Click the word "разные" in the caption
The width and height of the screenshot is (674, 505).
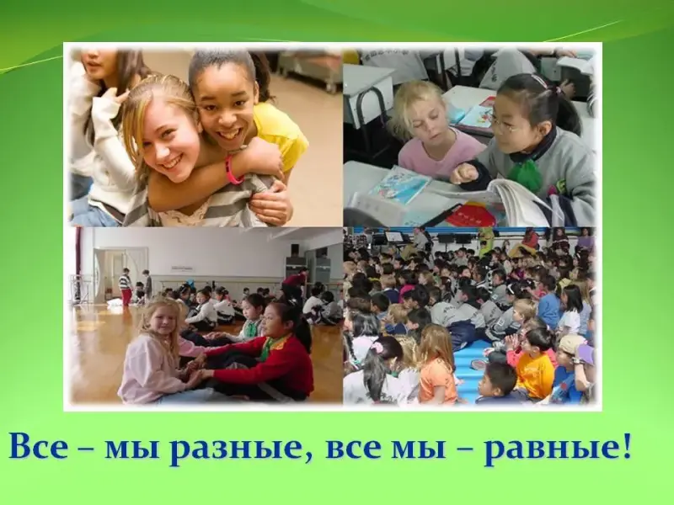point(236,449)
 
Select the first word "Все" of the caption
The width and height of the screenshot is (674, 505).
point(39,447)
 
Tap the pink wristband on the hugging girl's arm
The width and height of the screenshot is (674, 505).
point(233,169)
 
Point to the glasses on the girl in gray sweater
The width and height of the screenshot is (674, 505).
point(506,123)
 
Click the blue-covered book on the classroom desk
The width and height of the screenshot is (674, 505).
point(399,185)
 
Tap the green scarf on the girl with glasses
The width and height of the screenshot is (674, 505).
point(525,174)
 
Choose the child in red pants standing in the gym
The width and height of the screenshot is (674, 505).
point(125,287)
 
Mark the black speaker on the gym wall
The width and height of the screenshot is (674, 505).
point(295,250)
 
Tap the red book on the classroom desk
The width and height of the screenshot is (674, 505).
point(471,214)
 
